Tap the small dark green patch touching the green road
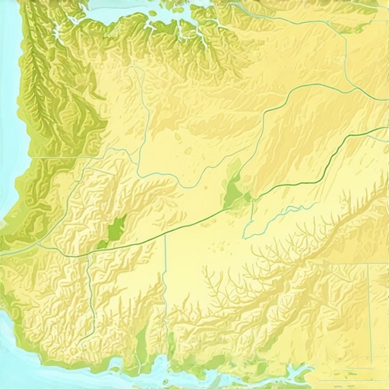coord(103,244)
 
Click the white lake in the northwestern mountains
coord(57,33)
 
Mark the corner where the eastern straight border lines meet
coord(370,263)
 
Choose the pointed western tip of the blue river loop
coord(244,236)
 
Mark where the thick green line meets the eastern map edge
coord(387,128)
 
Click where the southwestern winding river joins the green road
coord(89,255)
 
